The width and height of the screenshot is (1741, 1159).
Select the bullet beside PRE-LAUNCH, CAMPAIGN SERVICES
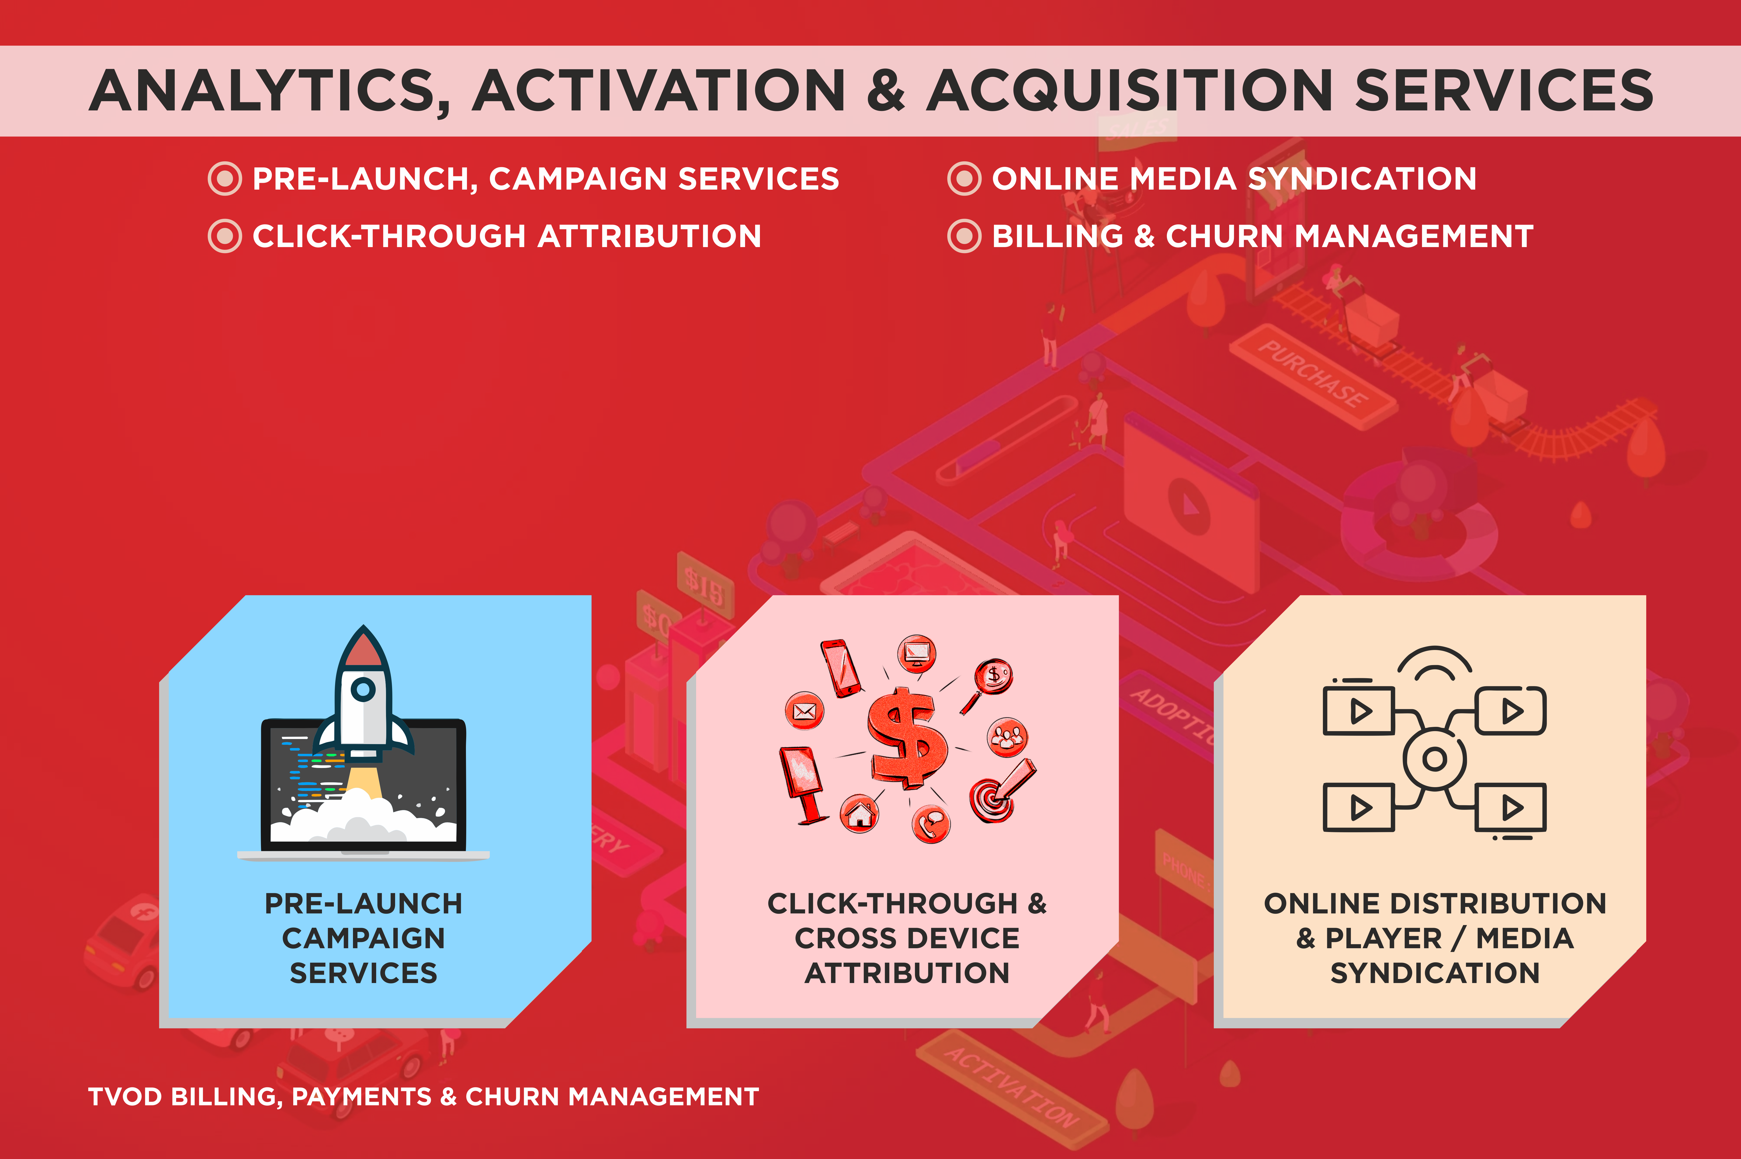click(225, 178)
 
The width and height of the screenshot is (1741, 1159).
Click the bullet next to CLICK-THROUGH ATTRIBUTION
click(225, 236)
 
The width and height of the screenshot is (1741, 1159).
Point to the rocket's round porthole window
click(363, 690)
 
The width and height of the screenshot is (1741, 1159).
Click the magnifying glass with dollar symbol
click(988, 685)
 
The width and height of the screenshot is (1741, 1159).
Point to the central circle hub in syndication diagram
click(1434, 759)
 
